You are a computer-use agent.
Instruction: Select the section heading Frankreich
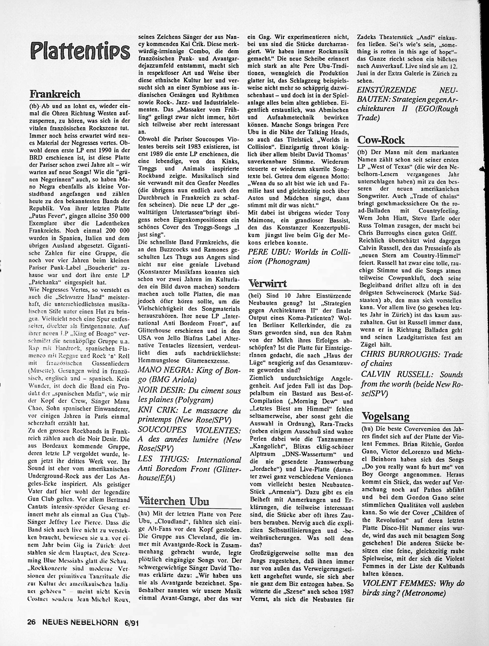coord(55,94)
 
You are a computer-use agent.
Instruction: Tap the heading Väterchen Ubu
coord(173,501)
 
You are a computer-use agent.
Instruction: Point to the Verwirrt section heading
coord(268,284)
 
